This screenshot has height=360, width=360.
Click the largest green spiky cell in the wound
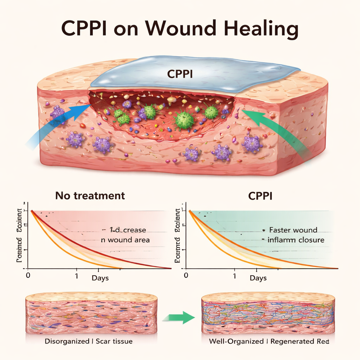[x=184, y=119]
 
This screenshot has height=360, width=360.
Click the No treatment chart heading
[x=90, y=195]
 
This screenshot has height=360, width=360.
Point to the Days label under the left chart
[x=100, y=278]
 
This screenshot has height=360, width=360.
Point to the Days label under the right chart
[x=258, y=278]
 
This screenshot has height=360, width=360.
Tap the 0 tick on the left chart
[x=28, y=275]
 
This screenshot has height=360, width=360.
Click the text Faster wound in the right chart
[x=293, y=230]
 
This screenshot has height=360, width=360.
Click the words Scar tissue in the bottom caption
[x=113, y=341]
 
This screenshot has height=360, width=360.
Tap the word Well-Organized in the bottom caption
[x=236, y=341]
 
